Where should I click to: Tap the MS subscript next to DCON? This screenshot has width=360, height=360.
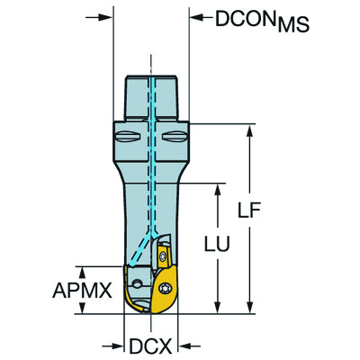point(292,24)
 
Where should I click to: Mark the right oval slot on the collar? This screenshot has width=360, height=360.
point(175,138)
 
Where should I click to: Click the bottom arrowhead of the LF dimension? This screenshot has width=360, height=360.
point(248,308)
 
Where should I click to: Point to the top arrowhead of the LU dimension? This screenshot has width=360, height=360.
point(215,190)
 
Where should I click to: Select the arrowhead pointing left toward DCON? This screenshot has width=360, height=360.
point(194,17)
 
